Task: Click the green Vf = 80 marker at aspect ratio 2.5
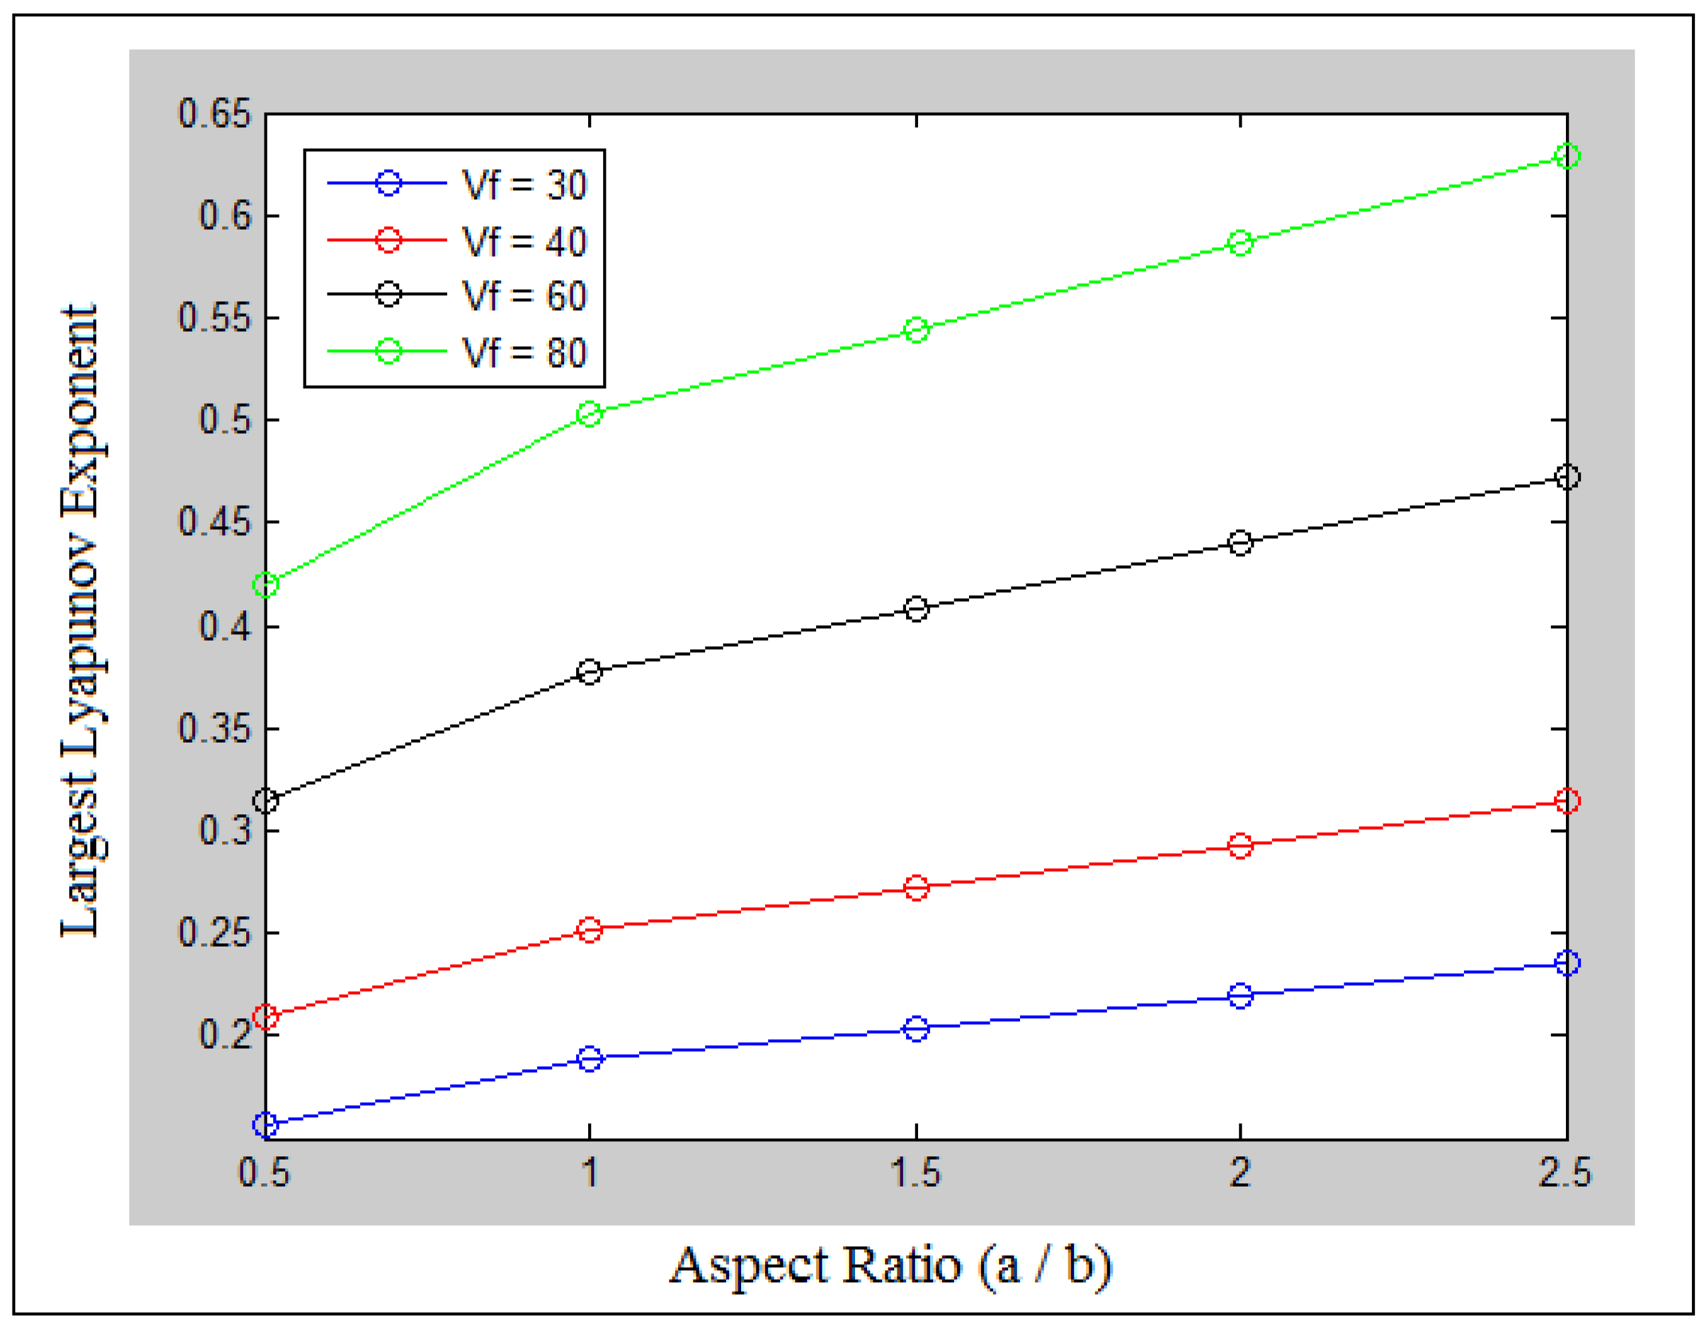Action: (1567, 156)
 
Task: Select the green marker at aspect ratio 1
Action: (589, 414)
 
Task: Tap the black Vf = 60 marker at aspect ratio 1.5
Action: (916, 609)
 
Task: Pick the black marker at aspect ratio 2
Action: (1240, 543)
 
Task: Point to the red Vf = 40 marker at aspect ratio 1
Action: (589, 930)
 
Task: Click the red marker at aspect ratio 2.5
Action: (1567, 800)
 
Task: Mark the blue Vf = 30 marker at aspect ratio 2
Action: (1240, 996)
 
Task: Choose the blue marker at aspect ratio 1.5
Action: (916, 1028)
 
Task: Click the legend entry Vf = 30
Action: (524, 185)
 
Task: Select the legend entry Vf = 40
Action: (524, 242)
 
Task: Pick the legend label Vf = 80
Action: (524, 353)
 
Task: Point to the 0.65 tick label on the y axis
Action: (215, 114)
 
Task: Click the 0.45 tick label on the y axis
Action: (215, 521)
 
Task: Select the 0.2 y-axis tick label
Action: (225, 1034)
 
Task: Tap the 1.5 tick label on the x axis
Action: (916, 1173)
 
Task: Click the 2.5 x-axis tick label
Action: (1565, 1173)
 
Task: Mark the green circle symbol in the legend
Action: (388, 351)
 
